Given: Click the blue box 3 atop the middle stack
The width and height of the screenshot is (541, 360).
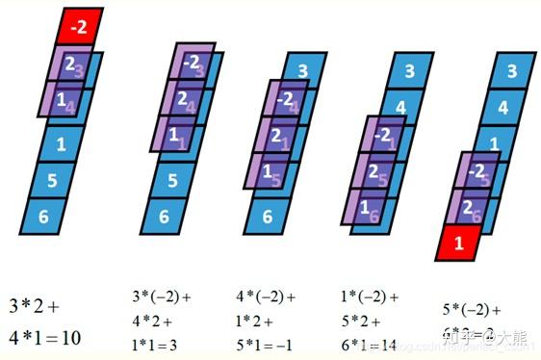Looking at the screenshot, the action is (x=301, y=70).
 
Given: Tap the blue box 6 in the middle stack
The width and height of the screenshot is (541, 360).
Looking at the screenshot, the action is (x=268, y=217).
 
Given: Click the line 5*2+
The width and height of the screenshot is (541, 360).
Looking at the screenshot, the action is (x=362, y=321).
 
